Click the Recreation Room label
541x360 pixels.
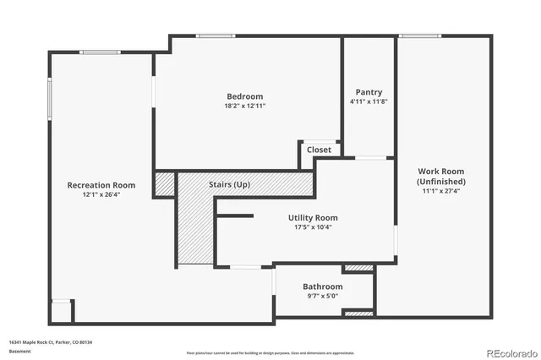point(101,185)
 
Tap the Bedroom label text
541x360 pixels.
point(245,96)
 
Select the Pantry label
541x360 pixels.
point(369,92)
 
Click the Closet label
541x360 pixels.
point(319,150)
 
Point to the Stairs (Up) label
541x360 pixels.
point(229,184)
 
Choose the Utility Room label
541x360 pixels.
point(313,217)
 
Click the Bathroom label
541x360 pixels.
point(323,286)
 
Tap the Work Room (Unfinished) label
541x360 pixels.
point(440,176)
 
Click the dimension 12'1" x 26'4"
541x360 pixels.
point(101,195)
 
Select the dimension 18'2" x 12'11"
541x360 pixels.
point(245,106)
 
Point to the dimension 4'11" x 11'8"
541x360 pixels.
point(369,102)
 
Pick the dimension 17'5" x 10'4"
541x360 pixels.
point(313,227)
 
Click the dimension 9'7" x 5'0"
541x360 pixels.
point(323,297)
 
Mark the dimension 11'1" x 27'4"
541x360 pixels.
point(440,191)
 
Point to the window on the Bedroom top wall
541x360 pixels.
point(210,35)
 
